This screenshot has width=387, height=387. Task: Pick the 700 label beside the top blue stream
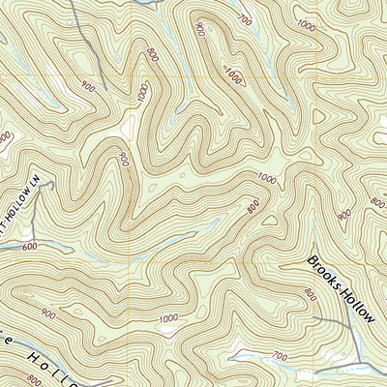click(243, 19)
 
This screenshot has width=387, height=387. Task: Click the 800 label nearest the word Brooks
click(310, 292)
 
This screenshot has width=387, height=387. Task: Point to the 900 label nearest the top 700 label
click(200, 28)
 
